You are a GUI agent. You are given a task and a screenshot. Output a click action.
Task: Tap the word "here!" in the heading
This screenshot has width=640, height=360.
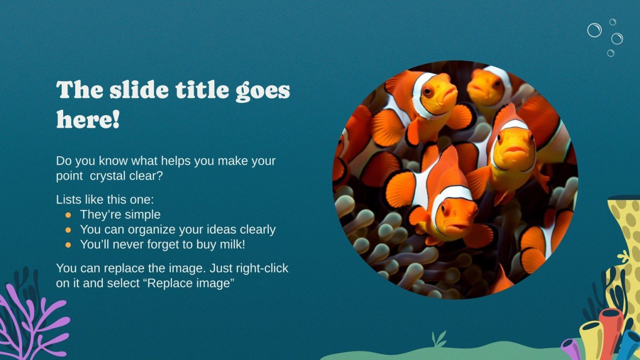pyautogui.click(x=88, y=119)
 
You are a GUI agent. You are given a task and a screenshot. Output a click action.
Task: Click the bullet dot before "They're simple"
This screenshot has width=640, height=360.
pyautogui.click(x=68, y=215)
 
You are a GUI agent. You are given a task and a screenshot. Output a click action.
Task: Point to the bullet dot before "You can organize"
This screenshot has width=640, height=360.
pyautogui.click(x=68, y=230)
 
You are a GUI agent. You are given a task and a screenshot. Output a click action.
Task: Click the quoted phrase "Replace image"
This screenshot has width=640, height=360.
pyautogui.click(x=190, y=283)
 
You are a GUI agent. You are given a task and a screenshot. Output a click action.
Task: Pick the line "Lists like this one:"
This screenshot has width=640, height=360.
pyautogui.click(x=105, y=199)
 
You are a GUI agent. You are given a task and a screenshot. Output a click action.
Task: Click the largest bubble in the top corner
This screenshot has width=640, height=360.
pyautogui.click(x=594, y=30)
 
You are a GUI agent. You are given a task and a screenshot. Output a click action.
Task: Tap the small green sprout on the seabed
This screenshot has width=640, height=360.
pyautogui.click(x=439, y=338)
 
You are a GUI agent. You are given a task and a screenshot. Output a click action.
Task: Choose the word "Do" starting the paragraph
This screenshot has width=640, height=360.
pyautogui.click(x=63, y=161)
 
